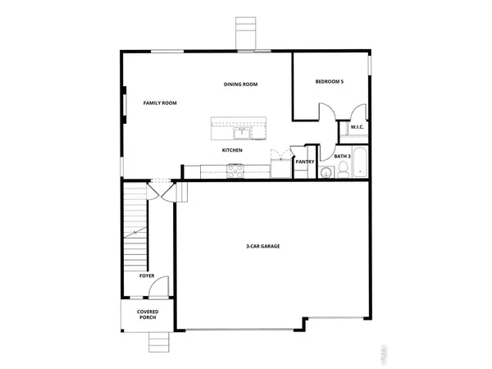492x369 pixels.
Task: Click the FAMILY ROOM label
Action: (160, 103)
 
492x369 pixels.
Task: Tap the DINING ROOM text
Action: (242, 84)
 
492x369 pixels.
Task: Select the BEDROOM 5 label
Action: (331, 82)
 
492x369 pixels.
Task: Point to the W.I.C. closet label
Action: (358, 128)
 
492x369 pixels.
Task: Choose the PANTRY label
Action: (305, 162)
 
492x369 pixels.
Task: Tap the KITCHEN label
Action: (232, 151)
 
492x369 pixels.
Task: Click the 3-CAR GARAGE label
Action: (264, 245)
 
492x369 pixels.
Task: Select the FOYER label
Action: (147, 276)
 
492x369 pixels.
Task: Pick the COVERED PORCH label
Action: (148, 314)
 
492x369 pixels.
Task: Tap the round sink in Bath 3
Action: (325, 172)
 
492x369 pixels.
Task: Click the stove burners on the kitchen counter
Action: (235, 171)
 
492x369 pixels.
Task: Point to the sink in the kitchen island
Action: (243, 130)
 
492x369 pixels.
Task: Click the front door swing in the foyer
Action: (162, 289)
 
